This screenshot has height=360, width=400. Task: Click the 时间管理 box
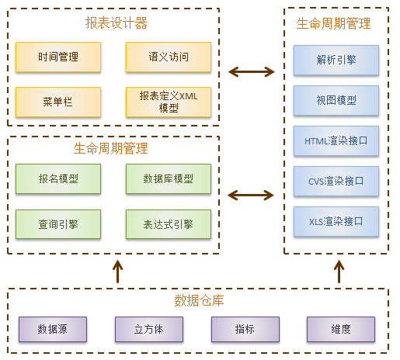tap(58, 57)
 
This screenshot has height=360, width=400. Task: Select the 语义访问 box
tap(168, 57)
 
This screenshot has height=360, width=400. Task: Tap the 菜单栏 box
tap(58, 102)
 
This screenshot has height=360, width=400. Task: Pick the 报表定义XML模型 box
tap(168, 102)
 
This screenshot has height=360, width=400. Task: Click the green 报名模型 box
tap(58, 179)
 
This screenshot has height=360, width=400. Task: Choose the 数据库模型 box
tap(168, 179)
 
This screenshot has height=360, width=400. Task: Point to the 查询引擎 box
tap(58, 224)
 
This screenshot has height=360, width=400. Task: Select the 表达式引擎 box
tap(168, 224)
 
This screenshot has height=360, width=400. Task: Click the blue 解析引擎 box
tap(336, 60)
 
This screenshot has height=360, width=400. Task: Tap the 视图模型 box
tap(336, 100)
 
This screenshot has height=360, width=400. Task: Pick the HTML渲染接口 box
tap(336, 141)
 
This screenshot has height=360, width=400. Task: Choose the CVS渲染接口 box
tap(336, 182)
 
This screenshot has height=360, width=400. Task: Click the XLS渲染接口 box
tap(336, 222)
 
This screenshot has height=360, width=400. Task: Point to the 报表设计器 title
tap(116, 23)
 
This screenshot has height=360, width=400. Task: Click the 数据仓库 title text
tap(199, 300)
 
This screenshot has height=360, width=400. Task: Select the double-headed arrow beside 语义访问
tap(252, 73)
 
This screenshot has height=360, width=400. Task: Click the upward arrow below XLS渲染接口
tap(339, 272)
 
